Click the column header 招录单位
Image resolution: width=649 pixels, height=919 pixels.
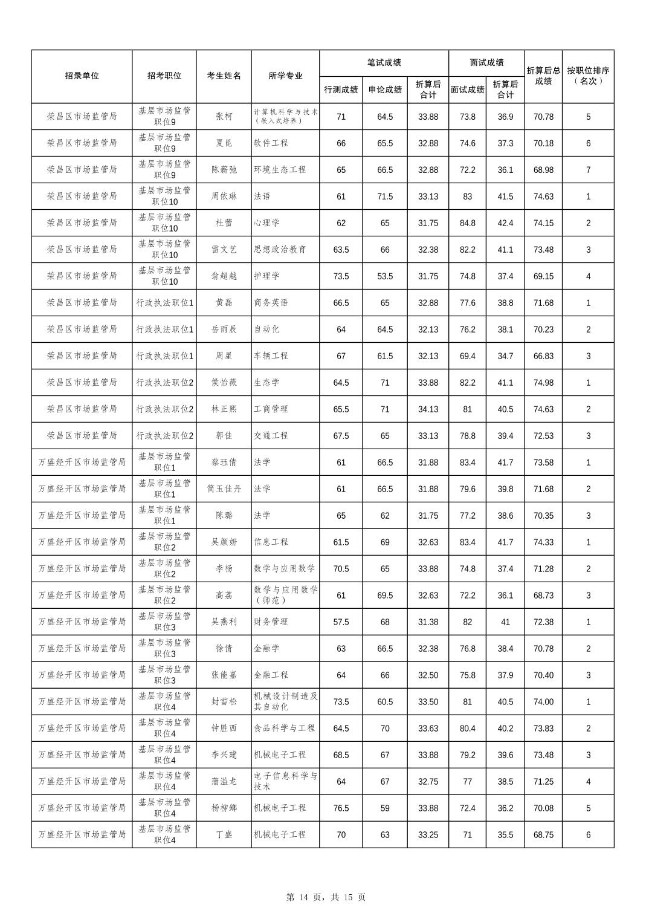point(82,76)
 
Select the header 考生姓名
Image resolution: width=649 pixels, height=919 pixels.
point(224,76)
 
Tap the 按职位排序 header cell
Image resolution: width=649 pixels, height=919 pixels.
point(588,76)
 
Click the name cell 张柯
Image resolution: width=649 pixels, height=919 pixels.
point(224,117)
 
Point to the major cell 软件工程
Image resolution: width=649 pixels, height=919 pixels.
point(271,143)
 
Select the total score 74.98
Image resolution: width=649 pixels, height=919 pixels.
point(543,383)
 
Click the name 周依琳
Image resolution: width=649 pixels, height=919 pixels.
point(224,196)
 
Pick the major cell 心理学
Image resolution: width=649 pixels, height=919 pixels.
point(266,223)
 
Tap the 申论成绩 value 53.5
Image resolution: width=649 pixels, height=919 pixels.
point(385,276)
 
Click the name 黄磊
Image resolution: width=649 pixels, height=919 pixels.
point(224,303)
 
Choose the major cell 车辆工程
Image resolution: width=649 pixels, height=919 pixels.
point(271,356)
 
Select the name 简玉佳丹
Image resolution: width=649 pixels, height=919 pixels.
point(224,489)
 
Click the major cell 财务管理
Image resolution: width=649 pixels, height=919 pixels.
point(271,622)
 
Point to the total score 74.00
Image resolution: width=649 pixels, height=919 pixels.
point(543,702)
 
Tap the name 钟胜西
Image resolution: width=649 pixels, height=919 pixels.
point(224,729)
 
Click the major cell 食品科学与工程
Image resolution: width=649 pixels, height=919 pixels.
point(285,729)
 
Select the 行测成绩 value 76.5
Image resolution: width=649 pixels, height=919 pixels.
point(341,808)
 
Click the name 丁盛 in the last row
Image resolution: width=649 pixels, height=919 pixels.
point(224,835)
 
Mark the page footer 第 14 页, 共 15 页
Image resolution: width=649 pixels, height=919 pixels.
point(325,897)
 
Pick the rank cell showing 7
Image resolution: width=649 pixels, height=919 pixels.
point(588,170)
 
